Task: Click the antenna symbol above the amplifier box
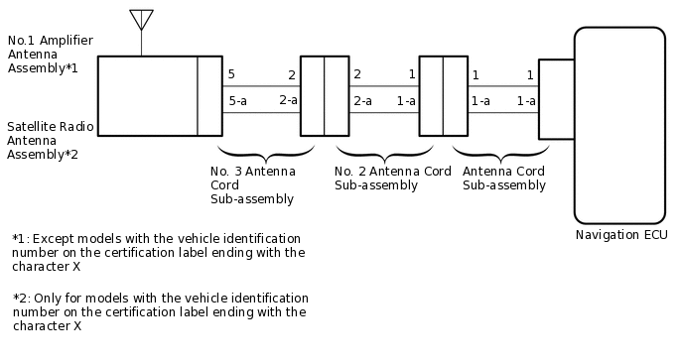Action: point(141,21)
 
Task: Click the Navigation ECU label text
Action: point(620,235)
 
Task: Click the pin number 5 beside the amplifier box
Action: point(231,75)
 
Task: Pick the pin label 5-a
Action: point(237,100)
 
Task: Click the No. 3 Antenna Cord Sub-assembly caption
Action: point(252,184)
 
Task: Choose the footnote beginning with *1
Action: point(159,253)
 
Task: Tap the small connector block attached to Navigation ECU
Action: point(556,99)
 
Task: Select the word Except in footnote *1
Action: point(52,239)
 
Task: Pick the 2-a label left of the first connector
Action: point(288,100)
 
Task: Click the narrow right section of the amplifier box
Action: point(209,96)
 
